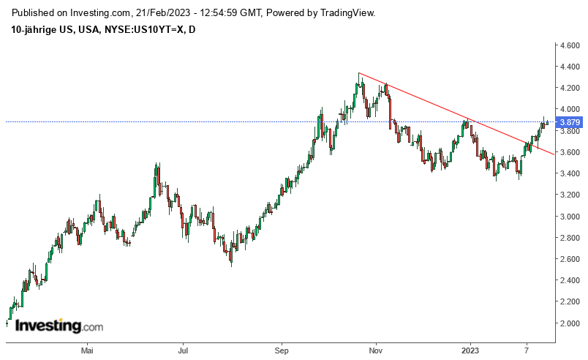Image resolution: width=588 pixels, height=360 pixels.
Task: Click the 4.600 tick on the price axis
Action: pyautogui.click(x=570, y=45)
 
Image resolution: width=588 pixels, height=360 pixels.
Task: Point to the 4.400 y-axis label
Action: pyautogui.click(x=570, y=67)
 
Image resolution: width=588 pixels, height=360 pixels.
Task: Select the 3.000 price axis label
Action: pyautogui.click(x=570, y=217)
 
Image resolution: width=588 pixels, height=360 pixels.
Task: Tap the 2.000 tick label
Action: pyautogui.click(x=570, y=323)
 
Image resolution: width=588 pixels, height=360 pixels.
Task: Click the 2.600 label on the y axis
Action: pyautogui.click(x=570, y=259)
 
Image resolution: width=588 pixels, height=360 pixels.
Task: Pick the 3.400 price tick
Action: pyautogui.click(x=570, y=173)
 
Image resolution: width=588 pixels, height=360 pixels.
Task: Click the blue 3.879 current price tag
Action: pyautogui.click(x=570, y=122)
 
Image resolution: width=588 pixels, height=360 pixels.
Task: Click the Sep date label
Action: pyautogui.click(x=282, y=350)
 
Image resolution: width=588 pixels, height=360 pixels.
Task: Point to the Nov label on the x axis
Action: pyautogui.click(x=376, y=350)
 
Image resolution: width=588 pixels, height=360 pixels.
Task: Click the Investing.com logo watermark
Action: pyautogui.click(x=59, y=326)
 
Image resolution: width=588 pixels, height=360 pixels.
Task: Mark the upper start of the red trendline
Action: pyautogui.click(x=359, y=73)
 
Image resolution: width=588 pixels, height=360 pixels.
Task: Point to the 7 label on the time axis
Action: pyautogui.click(x=527, y=350)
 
